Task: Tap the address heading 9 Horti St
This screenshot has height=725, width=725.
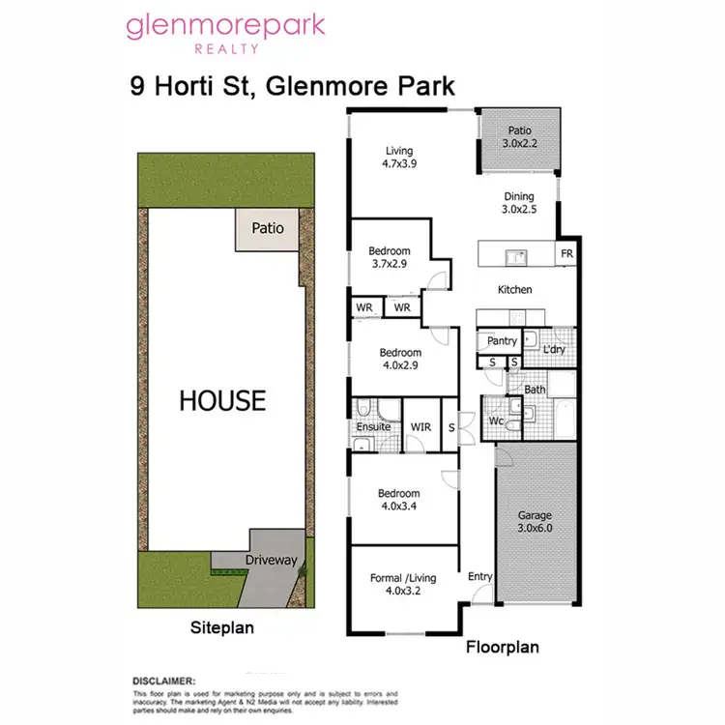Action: (x=293, y=86)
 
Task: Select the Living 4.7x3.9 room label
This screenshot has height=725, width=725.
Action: (x=398, y=158)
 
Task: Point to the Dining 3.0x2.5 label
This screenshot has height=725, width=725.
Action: (x=517, y=202)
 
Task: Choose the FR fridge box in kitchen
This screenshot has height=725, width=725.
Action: (x=565, y=255)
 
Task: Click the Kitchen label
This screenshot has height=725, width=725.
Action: (x=514, y=289)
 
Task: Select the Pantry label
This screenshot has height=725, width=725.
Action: (x=502, y=341)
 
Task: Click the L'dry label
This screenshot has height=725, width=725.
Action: (x=554, y=349)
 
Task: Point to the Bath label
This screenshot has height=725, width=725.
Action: (x=535, y=390)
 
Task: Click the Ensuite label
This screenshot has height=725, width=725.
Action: (x=373, y=426)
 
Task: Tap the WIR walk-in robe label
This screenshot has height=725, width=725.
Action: (x=420, y=426)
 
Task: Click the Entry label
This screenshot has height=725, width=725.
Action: (x=480, y=577)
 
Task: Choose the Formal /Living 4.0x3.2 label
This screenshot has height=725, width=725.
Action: (x=403, y=585)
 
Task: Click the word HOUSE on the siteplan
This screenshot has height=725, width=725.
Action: (x=221, y=400)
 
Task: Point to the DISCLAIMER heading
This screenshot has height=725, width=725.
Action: (x=163, y=681)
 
